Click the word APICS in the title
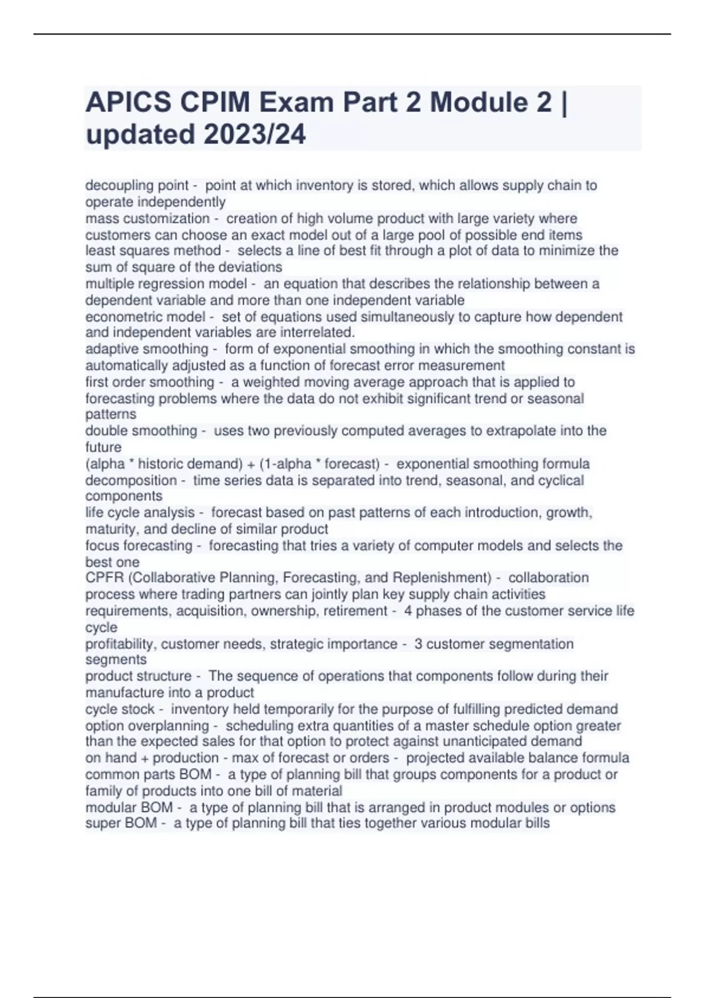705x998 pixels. pyautogui.click(x=129, y=103)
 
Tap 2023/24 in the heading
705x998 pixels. pyautogui.click(x=255, y=134)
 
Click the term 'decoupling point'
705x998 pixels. pyautogui.click(x=137, y=186)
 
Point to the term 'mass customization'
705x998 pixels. pyautogui.click(x=147, y=218)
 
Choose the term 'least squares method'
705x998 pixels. pyautogui.click(x=153, y=251)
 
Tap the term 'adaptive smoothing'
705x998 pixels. pyautogui.click(x=147, y=349)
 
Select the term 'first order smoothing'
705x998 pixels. pyautogui.click(x=150, y=382)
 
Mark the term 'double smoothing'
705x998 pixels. pyautogui.click(x=141, y=431)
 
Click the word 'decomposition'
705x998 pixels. pyautogui.click(x=131, y=480)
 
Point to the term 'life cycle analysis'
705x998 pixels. pyautogui.click(x=140, y=513)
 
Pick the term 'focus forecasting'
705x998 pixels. pyautogui.click(x=139, y=545)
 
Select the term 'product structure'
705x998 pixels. pyautogui.click(x=138, y=676)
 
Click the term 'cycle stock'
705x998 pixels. pyautogui.click(x=120, y=709)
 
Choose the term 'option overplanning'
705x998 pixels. pyautogui.click(x=147, y=726)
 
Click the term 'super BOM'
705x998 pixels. pyautogui.click(x=120, y=823)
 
